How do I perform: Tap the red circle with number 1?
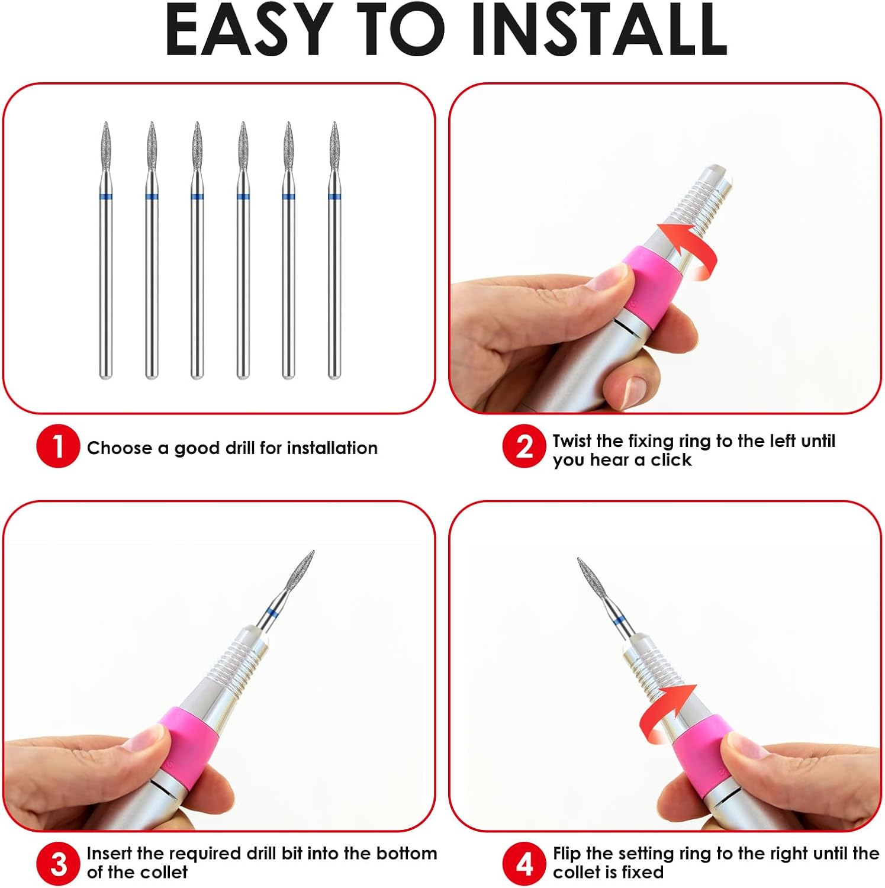pos(57,446)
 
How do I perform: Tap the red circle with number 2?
pos(524,446)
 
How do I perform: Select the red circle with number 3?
pos(57,864)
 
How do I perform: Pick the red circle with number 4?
pos(524,864)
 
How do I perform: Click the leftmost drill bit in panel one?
pos(105,249)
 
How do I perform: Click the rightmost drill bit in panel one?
pos(334,249)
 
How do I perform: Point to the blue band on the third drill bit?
pos(197,196)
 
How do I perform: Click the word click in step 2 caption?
pos(671,460)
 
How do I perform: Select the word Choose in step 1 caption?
pos(119,448)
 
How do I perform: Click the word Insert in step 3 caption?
pos(110,854)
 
